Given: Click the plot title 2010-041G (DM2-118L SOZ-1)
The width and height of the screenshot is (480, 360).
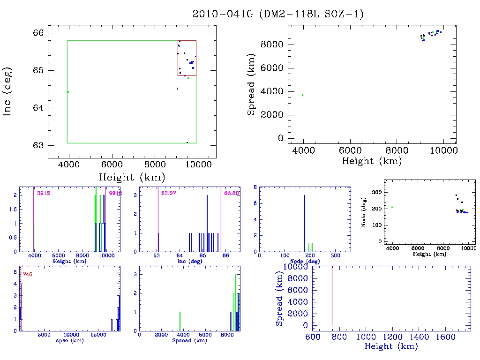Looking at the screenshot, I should (278, 14).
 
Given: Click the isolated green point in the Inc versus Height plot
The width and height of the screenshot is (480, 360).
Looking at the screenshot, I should (68, 92).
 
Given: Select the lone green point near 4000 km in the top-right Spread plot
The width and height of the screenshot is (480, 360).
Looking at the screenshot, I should (303, 95).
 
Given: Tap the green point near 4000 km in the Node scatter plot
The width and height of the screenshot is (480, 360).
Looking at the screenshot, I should (392, 207).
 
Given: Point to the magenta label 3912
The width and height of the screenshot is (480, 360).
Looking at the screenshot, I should (43, 193).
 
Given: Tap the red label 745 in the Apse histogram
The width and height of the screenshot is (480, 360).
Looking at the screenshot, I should (27, 275).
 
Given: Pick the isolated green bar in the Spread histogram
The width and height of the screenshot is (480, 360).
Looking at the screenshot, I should (180, 321).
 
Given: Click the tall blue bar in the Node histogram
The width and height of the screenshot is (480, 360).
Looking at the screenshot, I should (305, 223).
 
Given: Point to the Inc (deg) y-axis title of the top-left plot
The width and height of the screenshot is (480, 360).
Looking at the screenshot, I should (7, 91).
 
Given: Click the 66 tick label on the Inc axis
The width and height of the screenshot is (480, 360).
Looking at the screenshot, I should (39, 33).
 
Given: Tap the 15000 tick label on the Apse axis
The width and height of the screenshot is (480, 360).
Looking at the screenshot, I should (98, 335).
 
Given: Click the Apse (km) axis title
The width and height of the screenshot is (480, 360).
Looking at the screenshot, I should (70, 341).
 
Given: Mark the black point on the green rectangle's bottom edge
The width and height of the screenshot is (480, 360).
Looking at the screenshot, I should (187, 142).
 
